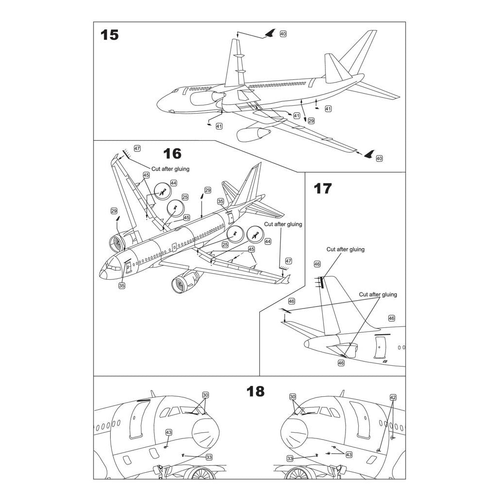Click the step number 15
tap(110, 35)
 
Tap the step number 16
tap(172, 154)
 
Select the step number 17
tap(322, 189)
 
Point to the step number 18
tap(255, 391)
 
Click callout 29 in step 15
tap(311, 120)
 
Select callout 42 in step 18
tap(393, 397)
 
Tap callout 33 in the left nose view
tap(209, 457)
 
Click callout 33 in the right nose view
tap(289, 459)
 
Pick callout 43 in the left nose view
tap(169, 432)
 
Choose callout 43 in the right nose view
tap(348, 454)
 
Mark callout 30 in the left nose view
tap(205, 395)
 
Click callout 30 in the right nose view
tap(293, 397)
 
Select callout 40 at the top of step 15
tap(283, 34)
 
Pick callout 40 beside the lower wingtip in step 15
tap(380, 158)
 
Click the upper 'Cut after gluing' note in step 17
tap(345, 249)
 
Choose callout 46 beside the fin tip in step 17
tap(317, 264)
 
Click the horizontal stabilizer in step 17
tap(302, 329)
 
